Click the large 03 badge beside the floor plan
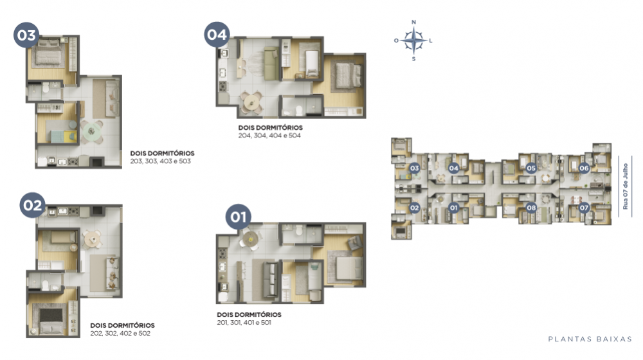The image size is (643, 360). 26,35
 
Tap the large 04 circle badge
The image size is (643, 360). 217,35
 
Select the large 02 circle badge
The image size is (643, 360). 32,205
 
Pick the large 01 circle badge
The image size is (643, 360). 239,217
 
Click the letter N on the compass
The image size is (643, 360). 413,22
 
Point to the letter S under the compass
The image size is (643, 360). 413,59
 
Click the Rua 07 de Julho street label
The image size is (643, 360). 625,186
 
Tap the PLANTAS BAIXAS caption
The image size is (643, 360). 590,339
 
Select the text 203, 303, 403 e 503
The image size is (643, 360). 160,161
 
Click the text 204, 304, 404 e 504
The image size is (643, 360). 269,135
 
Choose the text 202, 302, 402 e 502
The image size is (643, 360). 120,334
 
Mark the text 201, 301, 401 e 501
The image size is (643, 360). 244,323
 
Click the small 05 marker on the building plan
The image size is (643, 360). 531,168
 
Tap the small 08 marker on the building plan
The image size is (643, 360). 531,208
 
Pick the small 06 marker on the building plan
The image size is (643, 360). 584,168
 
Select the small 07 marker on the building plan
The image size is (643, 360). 584,208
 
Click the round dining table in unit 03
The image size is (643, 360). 92,131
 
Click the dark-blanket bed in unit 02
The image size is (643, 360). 51,319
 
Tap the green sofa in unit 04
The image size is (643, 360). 270,64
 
